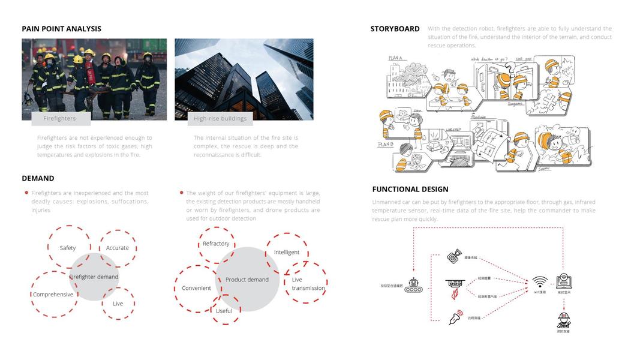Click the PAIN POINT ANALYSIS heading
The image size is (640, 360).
pyautogui.click(x=61, y=29)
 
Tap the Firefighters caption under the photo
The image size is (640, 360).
pyautogui.click(x=60, y=119)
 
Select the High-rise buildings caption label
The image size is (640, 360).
pyautogui.click(x=220, y=119)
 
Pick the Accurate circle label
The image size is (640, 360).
pyautogui.click(x=118, y=248)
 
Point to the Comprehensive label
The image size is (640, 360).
pyautogui.click(x=53, y=295)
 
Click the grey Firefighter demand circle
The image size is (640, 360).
pyautogui.click(x=94, y=277)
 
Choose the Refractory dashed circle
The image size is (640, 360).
pyautogui.click(x=216, y=244)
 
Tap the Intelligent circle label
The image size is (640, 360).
pyautogui.click(x=287, y=252)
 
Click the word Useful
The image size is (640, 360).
pyautogui.click(x=224, y=311)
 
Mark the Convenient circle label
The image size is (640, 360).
pyautogui.click(x=196, y=288)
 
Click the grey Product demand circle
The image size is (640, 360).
pyautogui.click(x=247, y=280)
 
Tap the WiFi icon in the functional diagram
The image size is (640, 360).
pyautogui.click(x=540, y=282)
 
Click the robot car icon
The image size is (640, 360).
pyautogui.click(x=413, y=286)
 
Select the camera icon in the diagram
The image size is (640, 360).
pyautogui.click(x=454, y=257)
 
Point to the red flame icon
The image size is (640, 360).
pyautogui.click(x=454, y=294)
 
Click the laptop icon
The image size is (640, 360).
pyautogui.click(x=564, y=281)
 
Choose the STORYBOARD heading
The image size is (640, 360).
pyautogui.click(x=395, y=29)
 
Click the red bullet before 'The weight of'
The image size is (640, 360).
pyautogui.click(x=181, y=193)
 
